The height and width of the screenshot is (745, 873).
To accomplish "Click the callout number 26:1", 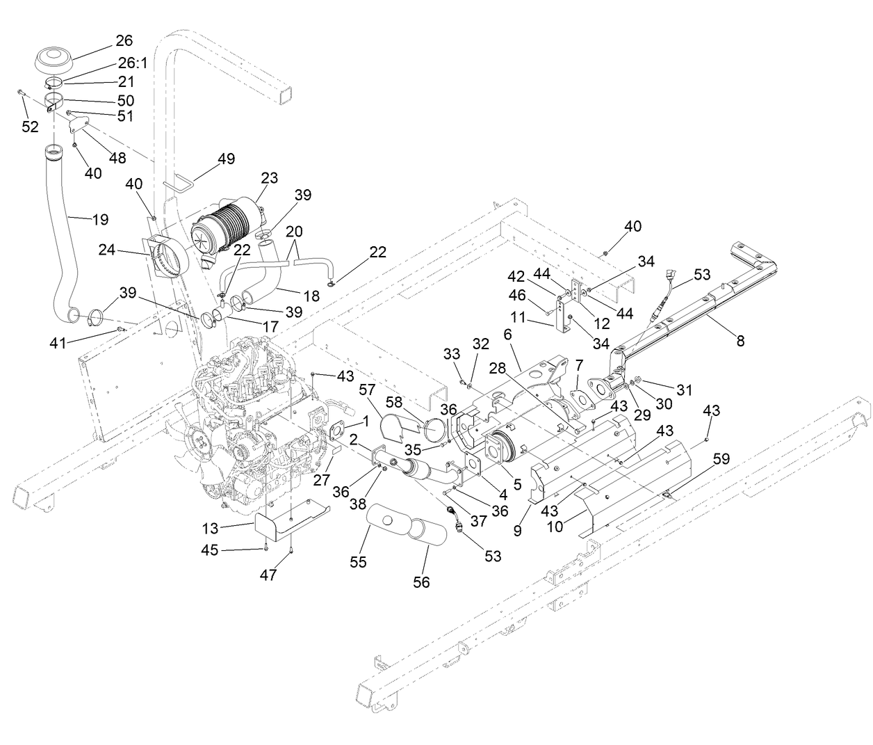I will pyautogui.click(x=132, y=63).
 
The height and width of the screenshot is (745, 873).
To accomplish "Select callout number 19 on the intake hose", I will pyautogui.click(x=99, y=220).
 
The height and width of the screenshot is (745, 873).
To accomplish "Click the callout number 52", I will pyautogui.click(x=30, y=127).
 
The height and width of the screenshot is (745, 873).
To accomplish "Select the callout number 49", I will pyautogui.click(x=225, y=159).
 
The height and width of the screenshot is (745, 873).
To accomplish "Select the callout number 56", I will pyautogui.click(x=421, y=582).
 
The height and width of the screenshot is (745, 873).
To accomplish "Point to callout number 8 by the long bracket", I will pyautogui.click(x=740, y=340).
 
